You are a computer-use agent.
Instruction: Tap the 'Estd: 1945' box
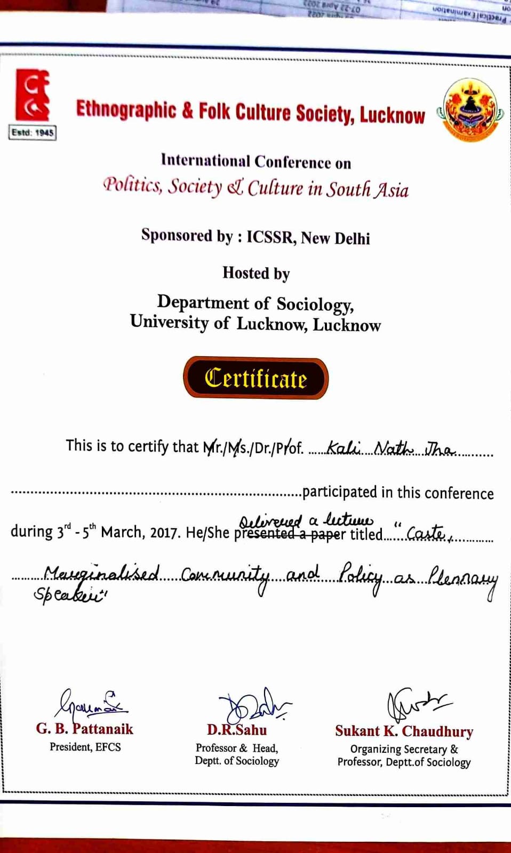pos(33,132)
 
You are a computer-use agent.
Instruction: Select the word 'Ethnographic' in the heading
pos(126,110)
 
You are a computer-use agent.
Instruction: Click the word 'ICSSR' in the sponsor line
pos(270,237)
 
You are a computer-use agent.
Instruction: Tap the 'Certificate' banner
pos(255,379)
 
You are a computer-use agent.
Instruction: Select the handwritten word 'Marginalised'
pos(101,575)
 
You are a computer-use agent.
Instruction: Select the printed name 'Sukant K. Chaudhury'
pos(404,731)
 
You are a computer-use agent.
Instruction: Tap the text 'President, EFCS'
pos(85,747)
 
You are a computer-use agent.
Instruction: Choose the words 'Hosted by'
pos(256,273)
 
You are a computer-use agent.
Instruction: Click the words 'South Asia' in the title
pos(368,189)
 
